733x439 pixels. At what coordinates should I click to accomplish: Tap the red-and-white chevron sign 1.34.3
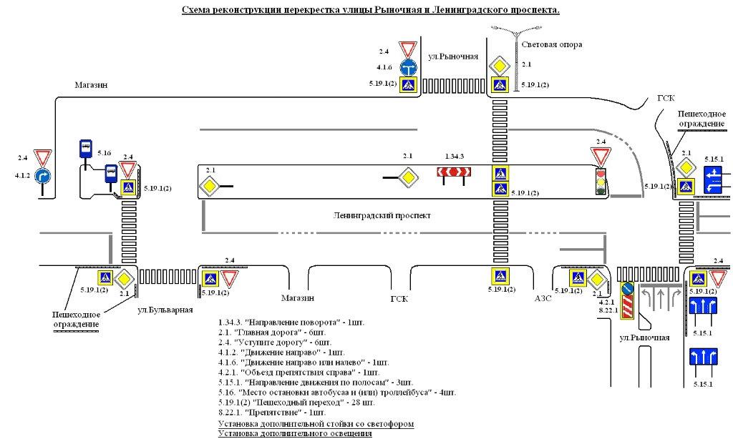coord(452,172)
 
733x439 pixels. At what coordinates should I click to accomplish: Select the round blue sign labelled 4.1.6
coord(408,67)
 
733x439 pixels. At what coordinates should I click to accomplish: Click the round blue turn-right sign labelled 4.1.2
coord(44,175)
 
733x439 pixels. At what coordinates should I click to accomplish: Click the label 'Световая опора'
coord(551,44)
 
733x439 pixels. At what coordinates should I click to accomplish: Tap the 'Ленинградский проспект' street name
coord(383,215)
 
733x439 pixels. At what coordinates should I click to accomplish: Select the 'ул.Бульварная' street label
coord(165,310)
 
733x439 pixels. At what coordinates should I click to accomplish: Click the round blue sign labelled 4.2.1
coord(627,289)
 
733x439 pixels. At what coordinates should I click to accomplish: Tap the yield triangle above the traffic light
coord(600,156)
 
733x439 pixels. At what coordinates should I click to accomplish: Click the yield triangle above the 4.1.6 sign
coord(408,50)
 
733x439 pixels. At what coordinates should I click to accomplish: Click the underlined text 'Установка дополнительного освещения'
coord(295,434)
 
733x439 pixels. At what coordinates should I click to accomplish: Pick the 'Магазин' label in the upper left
coord(91,85)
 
